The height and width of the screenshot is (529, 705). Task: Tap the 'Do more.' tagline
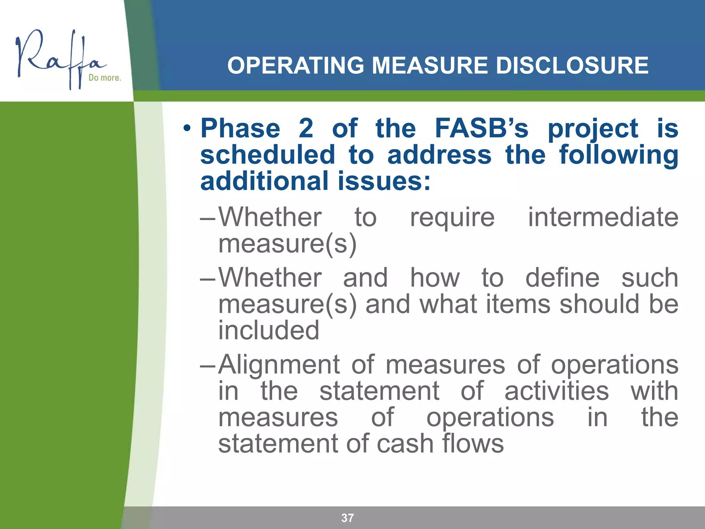(x=105, y=78)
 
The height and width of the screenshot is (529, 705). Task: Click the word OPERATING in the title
(x=295, y=65)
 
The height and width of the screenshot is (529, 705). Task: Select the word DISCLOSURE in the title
(x=572, y=65)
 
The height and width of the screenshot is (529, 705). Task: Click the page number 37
(x=347, y=518)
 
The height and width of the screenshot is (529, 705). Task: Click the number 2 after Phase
(x=306, y=128)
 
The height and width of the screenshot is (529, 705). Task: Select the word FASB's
(x=481, y=128)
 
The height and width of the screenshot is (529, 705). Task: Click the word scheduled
(x=267, y=155)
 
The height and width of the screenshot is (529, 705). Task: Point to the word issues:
(x=384, y=181)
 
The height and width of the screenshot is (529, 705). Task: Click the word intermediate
(x=603, y=217)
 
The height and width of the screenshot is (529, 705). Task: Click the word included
(x=269, y=330)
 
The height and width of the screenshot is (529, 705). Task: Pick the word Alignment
(x=279, y=365)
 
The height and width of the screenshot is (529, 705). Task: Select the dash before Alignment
(x=208, y=365)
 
